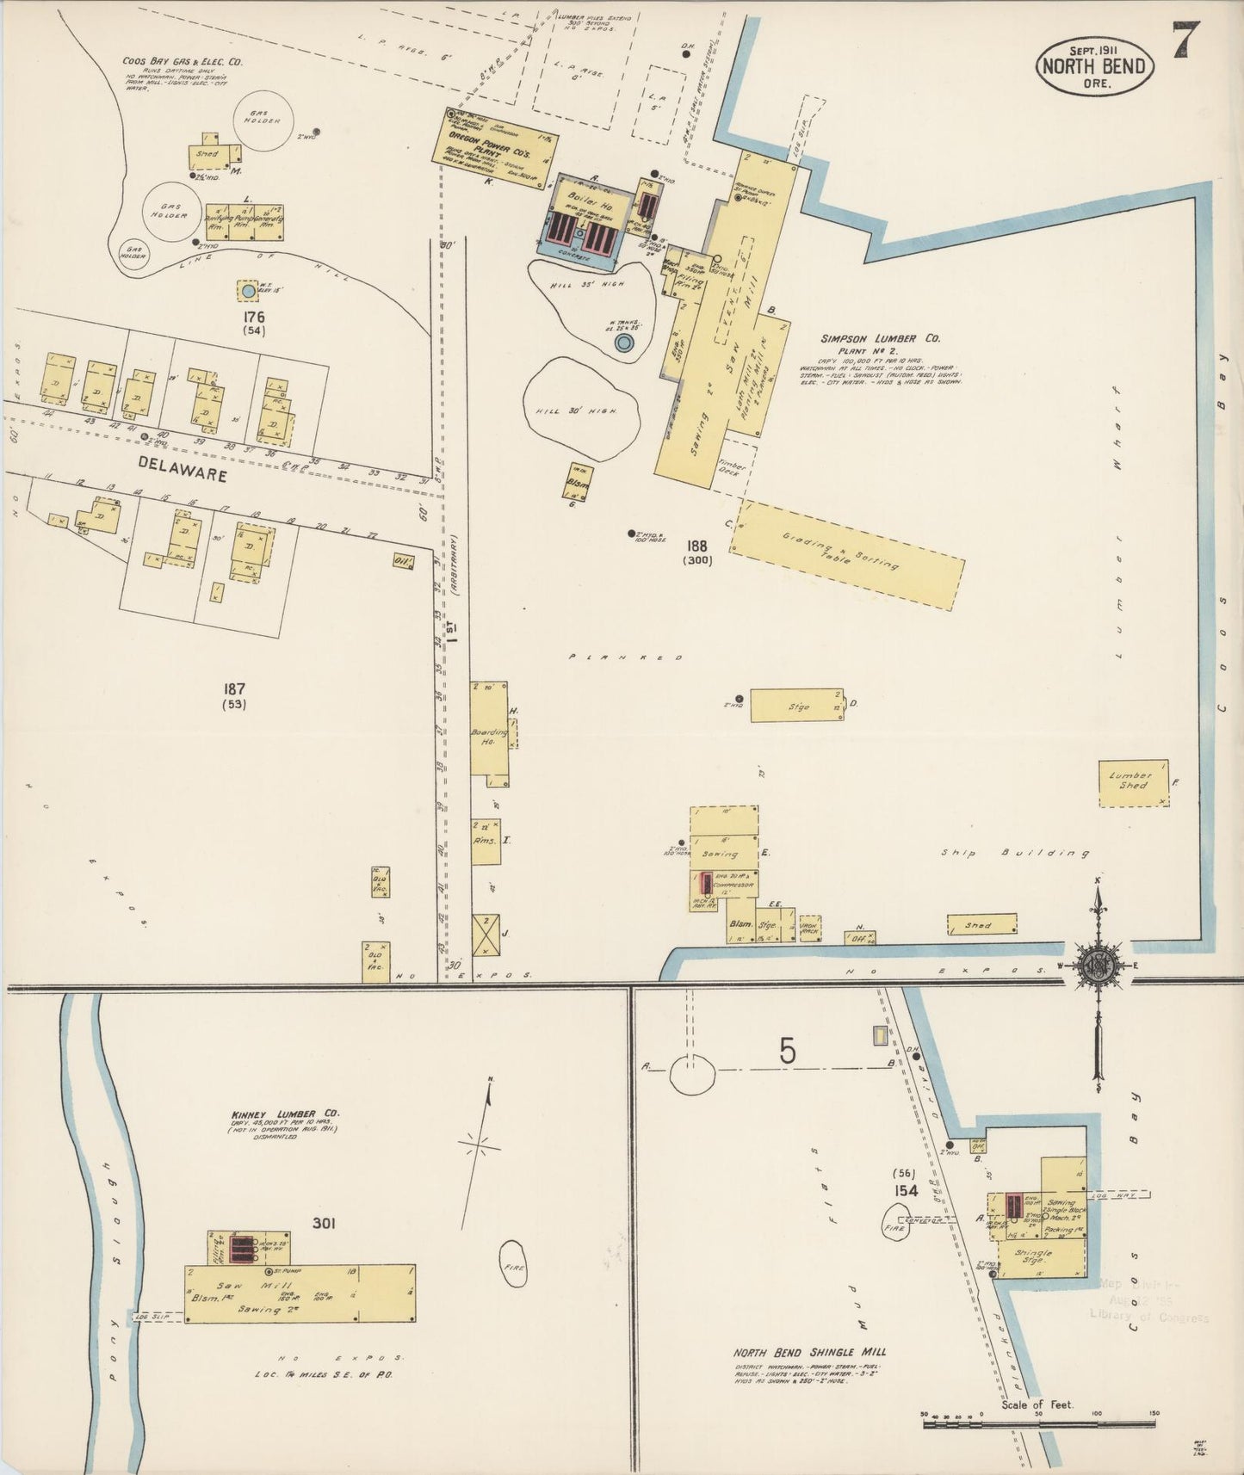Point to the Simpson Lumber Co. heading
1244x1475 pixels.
(x=879, y=339)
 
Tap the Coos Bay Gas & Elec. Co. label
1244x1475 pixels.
(x=181, y=62)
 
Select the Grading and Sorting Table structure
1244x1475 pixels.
(x=848, y=554)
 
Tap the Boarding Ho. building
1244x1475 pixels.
(x=488, y=734)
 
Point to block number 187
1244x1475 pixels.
(x=233, y=689)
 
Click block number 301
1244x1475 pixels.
(x=323, y=1223)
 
